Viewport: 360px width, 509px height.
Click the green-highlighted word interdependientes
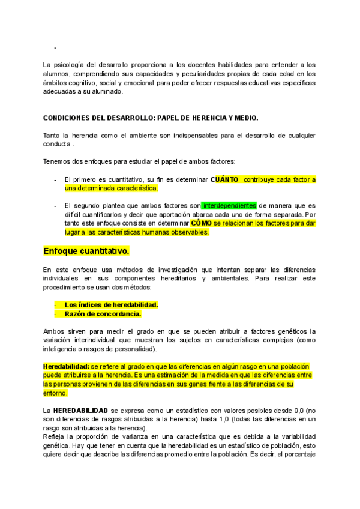[x=229, y=205]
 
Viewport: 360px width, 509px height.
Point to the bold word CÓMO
[x=201, y=223]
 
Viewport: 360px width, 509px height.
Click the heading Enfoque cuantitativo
[x=86, y=250]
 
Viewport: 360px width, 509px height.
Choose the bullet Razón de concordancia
[x=103, y=313]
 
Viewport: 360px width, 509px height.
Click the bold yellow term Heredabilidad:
[x=66, y=366]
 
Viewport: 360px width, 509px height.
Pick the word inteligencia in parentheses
[x=63, y=349]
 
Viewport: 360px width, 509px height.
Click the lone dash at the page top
[x=55, y=47]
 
